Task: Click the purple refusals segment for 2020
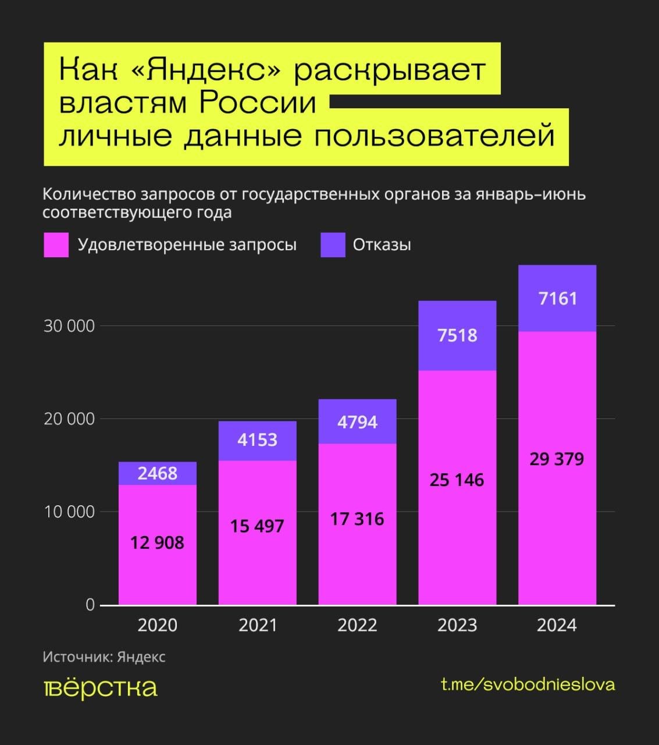[157, 473]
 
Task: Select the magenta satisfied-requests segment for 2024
[557, 468]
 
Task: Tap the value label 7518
[457, 335]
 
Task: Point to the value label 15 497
[257, 526]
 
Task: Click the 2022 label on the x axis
[357, 625]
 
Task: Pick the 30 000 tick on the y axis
[69, 326]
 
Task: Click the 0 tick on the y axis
[90, 605]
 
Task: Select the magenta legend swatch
[56, 245]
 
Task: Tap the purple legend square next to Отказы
[333, 245]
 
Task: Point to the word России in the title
[258, 103]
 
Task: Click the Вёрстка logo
[101, 689]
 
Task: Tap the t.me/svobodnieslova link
[528, 684]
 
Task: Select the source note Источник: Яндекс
[104, 657]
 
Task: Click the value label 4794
[357, 422]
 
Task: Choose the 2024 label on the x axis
[557, 625]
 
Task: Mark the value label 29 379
[557, 459]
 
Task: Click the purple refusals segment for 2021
[257, 441]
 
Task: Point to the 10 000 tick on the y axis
[69, 512]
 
